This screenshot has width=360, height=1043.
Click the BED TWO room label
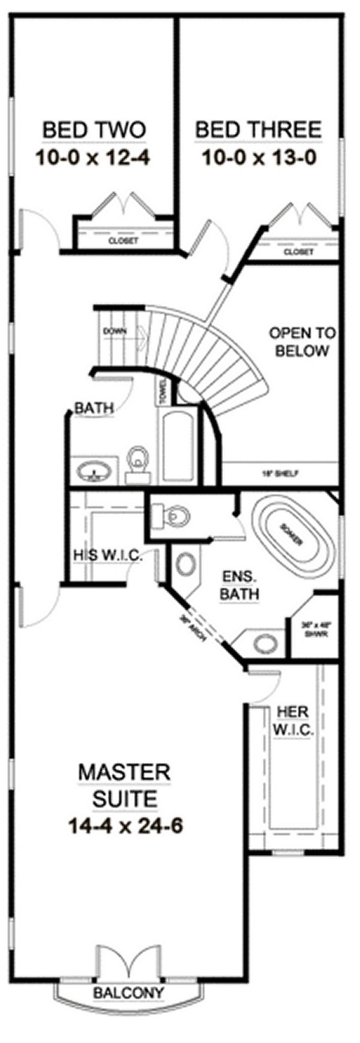coord(94,130)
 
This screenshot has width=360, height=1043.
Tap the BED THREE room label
coord(259,130)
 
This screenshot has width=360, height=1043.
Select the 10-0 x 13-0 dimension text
coord(259,158)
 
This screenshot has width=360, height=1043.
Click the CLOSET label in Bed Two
coord(123,241)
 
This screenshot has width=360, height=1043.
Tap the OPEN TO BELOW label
coord(302,341)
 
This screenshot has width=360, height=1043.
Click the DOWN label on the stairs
coord(113,330)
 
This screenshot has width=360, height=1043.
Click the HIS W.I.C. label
coord(108,555)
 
